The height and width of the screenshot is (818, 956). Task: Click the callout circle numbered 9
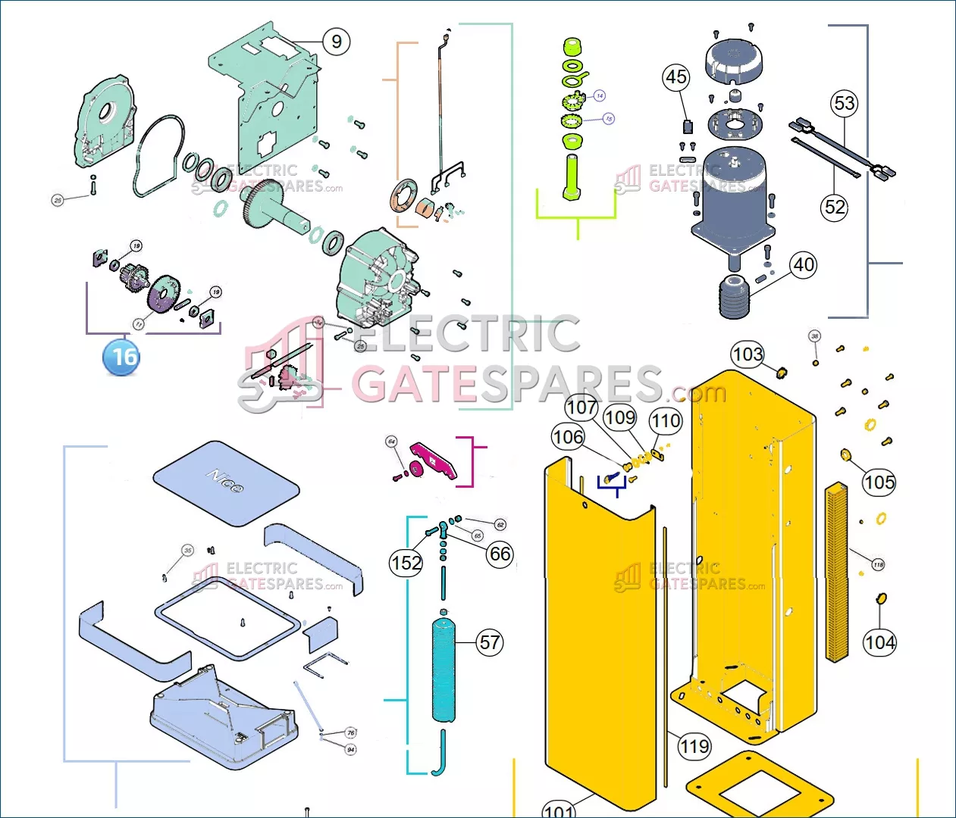(337, 41)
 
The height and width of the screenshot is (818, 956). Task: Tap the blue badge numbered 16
(122, 357)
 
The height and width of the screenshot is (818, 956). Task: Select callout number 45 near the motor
(676, 77)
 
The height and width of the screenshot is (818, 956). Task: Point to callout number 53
(844, 103)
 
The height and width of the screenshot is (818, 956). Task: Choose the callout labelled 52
(835, 207)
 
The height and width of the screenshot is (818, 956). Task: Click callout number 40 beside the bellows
(804, 264)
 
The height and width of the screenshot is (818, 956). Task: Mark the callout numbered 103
(748, 354)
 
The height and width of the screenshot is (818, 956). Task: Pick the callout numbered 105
(879, 482)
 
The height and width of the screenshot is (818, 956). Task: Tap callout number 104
(880, 642)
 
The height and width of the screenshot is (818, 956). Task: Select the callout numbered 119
(694, 747)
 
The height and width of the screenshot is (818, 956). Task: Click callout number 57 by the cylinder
(490, 642)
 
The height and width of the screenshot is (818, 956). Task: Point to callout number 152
(406, 563)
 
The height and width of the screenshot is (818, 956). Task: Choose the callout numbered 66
(500, 554)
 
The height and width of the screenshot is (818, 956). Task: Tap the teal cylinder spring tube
(444, 670)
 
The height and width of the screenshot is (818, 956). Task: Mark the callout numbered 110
(666, 420)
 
